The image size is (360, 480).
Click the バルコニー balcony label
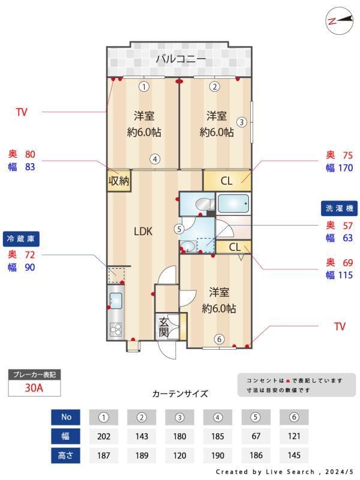tap(181, 58)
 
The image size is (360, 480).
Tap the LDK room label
tap(143, 232)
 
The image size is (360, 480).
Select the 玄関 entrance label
tap(164, 327)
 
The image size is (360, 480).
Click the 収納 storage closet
tap(119, 181)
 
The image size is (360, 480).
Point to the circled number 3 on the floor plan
tap(242, 122)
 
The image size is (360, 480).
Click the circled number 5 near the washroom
tap(179, 229)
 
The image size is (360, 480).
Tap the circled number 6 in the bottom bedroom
tap(219, 339)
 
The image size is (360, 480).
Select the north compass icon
tap(340, 21)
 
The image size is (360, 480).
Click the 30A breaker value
tap(34, 388)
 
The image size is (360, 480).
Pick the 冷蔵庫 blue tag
tap(21, 239)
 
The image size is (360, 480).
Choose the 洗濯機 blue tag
tap(339, 208)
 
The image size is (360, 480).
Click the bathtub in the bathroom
tap(233, 203)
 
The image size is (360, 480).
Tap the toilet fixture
tap(205, 203)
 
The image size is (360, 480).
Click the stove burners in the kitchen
tap(116, 329)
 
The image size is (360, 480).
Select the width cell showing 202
tap(103, 436)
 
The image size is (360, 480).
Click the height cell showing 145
tap(294, 455)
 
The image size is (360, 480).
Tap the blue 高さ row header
tap(65, 455)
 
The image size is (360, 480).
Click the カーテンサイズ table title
tap(180, 394)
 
